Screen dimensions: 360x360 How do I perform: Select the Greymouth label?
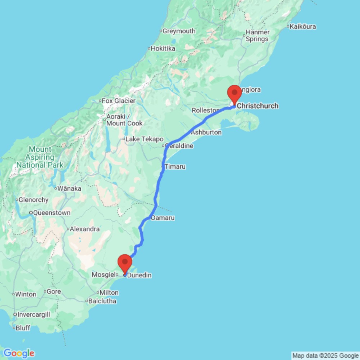pyautogui.click(x=179, y=31)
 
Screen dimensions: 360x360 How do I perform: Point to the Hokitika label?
pyautogui.click(x=163, y=48)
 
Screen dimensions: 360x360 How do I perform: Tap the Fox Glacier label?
pyautogui.click(x=118, y=101)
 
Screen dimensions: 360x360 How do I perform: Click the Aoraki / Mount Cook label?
pyautogui.click(x=124, y=120)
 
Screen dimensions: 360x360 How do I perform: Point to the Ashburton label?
pyautogui.click(x=206, y=132)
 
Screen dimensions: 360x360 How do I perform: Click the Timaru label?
pyautogui.click(x=175, y=167)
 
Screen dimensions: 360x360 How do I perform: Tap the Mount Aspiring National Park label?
pyautogui.click(x=41, y=157)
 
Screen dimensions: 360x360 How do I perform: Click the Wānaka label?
pyautogui.click(x=69, y=188)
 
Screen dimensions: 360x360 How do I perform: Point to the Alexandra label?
pyautogui.click(x=85, y=229)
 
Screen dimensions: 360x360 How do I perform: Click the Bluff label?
pyautogui.click(x=23, y=328)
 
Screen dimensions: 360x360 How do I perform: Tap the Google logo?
pyautogui.click(x=18, y=353)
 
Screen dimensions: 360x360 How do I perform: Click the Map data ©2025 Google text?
pyautogui.click(x=325, y=356)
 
